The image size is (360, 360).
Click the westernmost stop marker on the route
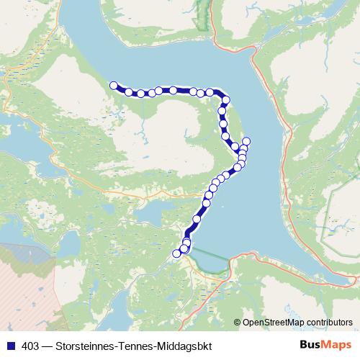point(113,86)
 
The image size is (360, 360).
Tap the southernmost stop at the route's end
point(176,253)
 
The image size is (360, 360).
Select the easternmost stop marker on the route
point(246,141)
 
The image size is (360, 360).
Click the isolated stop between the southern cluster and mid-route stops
point(197,219)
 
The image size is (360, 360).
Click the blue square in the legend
point(8,346)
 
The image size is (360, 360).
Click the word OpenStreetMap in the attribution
point(272,322)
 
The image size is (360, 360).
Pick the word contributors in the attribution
point(328,322)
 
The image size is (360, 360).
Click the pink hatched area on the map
point(22,274)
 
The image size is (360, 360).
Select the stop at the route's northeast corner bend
point(225,100)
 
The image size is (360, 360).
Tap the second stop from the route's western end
point(129,91)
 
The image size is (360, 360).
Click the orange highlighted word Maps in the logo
point(333,345)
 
